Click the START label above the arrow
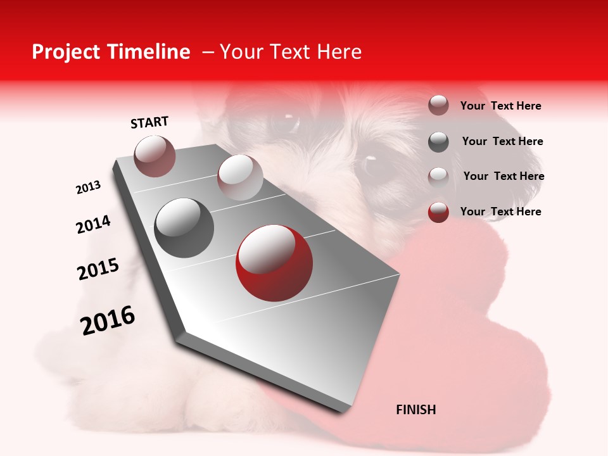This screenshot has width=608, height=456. (x=149, y=122)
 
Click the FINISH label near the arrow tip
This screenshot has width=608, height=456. (x=415, y=410)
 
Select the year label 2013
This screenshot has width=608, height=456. (x=88, y=187)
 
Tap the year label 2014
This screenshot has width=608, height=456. (x=93, y=224)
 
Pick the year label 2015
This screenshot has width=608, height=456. (x=98, y=269)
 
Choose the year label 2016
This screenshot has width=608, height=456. (x=108, y=320)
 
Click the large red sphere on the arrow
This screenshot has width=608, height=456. (x=274, y=263)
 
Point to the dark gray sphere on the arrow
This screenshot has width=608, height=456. (x=184, y=228)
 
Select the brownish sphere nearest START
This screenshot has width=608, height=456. (x=155, y=156)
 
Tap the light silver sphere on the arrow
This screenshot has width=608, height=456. (x=240, y=177)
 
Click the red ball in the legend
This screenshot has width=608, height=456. (x=438, y=212)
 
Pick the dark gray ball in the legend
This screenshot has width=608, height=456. (x=438, y=142)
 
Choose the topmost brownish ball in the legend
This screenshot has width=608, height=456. (x=438, y=105)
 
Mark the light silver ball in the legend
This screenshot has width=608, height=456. (x=438, y=177)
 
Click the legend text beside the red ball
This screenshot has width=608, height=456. (x=500, y=212)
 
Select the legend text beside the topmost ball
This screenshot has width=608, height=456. (x=500, y=106)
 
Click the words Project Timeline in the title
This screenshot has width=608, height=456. (x=111, y=52)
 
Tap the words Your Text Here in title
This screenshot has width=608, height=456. (x=290, y=52)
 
